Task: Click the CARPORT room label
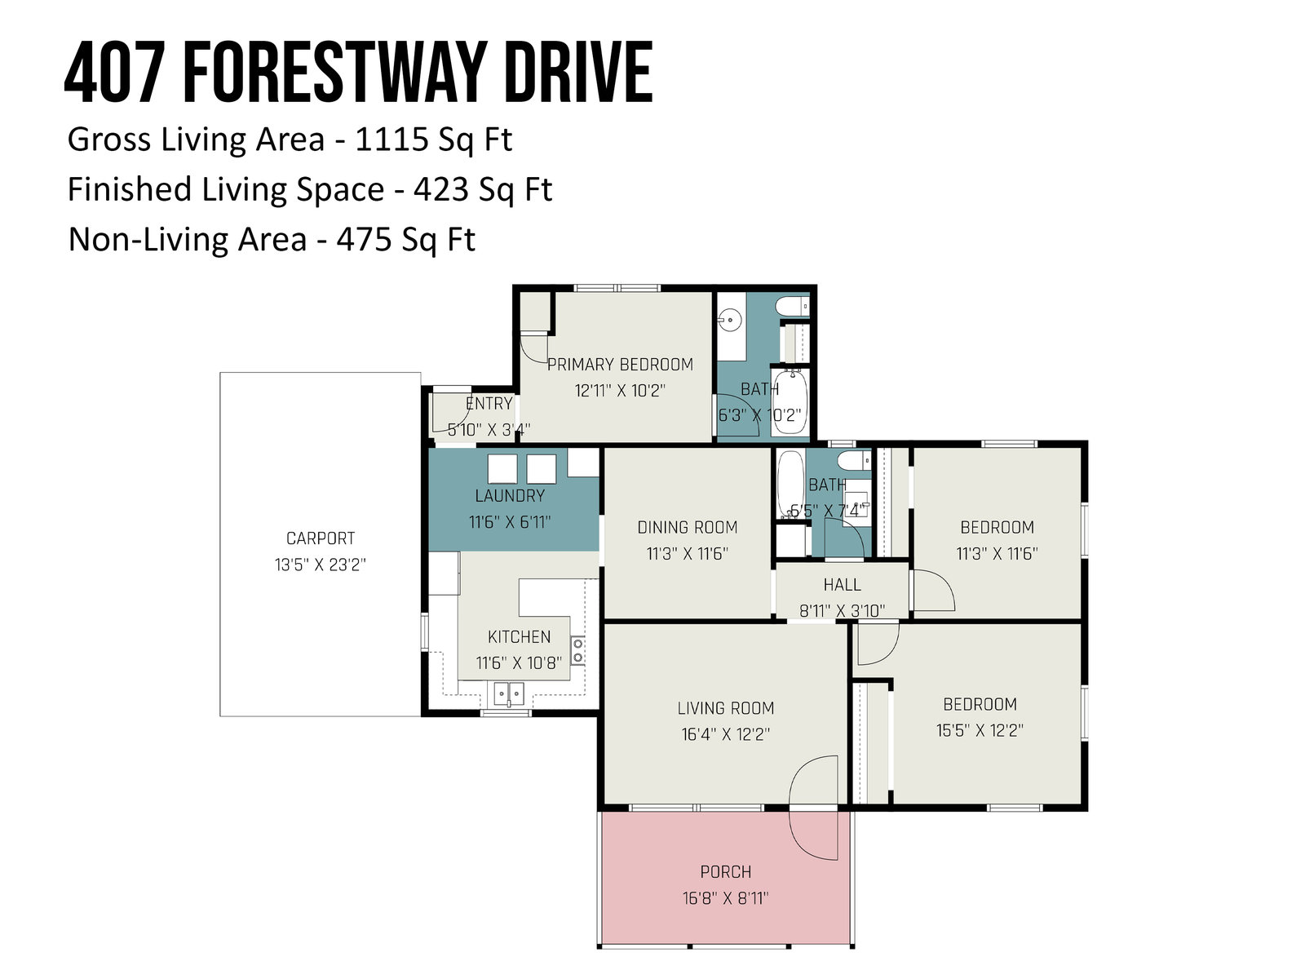[321, 538]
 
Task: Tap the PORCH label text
[725, 872]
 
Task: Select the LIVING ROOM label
[725, 708]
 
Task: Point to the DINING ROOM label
[688, 527]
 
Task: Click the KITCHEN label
[519, 636]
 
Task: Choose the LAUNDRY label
[510, 496]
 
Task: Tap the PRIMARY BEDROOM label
[620, 365]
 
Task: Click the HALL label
[842, 585]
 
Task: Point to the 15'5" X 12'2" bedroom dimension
[980, 730]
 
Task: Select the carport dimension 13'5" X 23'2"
[321, 564]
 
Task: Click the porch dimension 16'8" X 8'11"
[725, 897]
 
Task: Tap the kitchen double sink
[509, 693]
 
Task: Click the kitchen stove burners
[577, 651]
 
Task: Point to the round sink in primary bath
[729, 320]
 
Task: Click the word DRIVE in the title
[578, 72]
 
